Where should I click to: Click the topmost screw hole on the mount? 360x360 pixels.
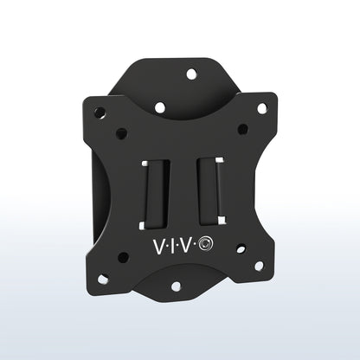(x=191, y=74)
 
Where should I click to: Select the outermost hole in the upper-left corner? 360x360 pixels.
(x=100, y=112)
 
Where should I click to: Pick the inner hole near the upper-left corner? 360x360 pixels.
(x=122, y=133)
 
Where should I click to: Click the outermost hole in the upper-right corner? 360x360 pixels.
(x=261, y=108)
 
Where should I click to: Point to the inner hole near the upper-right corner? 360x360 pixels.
(x=243, y=128)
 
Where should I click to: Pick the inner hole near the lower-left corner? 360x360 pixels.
(x=123, y=258)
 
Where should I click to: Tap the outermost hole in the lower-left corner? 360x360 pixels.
(x=103, y=280)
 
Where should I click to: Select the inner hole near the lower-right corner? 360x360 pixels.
(x=241, y=251)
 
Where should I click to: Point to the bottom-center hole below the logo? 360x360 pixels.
(x=176, y=286)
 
